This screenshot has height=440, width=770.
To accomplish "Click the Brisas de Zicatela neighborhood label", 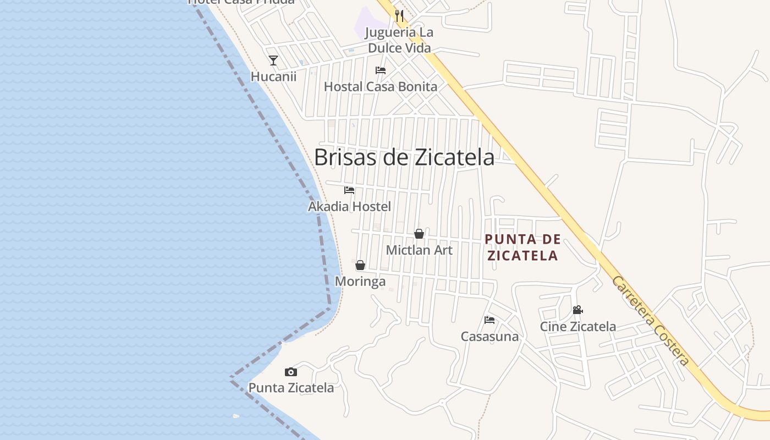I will (404, 157).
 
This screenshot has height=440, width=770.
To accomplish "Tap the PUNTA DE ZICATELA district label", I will (522, 248).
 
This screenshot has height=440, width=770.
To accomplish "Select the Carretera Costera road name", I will (650, 321).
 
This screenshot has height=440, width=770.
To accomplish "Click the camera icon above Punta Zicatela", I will (291, 372).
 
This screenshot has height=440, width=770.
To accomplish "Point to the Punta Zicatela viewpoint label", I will (291, 388).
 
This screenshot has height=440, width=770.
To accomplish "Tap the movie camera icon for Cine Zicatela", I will (577, 310).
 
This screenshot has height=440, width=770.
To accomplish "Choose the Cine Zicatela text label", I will (577, 326).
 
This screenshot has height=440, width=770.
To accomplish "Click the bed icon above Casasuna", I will (490, 320).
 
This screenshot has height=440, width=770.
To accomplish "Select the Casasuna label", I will (490, 336).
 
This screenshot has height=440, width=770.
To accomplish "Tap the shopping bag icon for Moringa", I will (360, 266).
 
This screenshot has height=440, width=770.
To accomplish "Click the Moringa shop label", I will (360, 282).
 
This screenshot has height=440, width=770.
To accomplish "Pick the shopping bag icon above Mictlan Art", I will (419, 234).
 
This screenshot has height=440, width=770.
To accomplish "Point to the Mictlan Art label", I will (419, 250).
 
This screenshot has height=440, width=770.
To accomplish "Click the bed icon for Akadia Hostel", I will (349, 190).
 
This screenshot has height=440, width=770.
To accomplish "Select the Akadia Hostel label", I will (349, 207).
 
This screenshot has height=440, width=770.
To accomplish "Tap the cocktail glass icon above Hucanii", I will (273, 60).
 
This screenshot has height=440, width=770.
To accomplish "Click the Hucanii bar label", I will (273, 76).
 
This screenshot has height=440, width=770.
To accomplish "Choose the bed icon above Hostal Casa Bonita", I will (380, 70).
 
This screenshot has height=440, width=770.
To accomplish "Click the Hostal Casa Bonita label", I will (380, 87).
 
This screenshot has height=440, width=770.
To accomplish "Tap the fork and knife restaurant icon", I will (399, 16).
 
